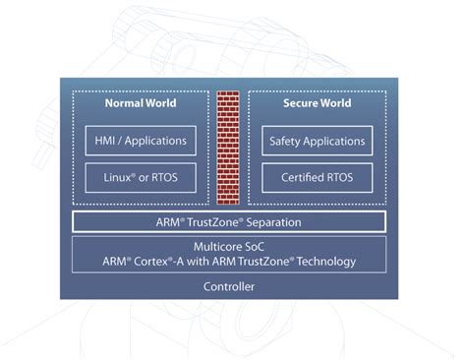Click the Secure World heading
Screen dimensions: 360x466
point(317,103)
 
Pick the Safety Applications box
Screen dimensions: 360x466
point(318,140)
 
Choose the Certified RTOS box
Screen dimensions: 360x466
point(318,178)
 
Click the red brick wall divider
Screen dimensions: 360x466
point(229,147)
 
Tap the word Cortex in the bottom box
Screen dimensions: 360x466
point(198,262)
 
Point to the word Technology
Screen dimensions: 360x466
point(325,262)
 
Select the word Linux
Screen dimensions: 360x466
point(119,178)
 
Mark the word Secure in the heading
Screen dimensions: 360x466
point(300,103)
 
